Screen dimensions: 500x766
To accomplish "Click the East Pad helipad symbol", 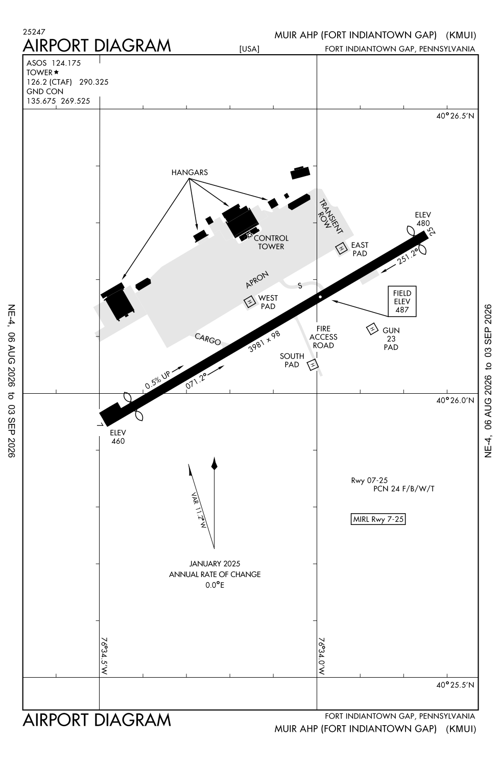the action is (341, 249).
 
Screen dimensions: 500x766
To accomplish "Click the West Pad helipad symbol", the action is (250, 302).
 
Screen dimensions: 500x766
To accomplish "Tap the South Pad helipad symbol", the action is (313, 365).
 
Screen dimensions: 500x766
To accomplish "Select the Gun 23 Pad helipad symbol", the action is (372, 329).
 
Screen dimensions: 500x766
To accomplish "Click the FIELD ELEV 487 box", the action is (402, 301).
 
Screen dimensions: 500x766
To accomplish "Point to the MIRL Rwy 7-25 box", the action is (378, 519).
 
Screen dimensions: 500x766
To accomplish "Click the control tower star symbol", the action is (250, 235).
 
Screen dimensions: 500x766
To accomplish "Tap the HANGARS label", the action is (189, 173).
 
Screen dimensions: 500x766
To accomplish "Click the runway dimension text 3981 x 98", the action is (265, 341).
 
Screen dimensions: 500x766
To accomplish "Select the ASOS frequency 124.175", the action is (66, 63).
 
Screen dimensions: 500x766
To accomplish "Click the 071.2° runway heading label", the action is (196, 381).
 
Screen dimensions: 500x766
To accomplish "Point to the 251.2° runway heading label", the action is (408, 257).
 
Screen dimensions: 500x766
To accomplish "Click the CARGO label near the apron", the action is (207, 339).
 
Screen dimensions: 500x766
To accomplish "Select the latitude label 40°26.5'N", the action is (455, 116).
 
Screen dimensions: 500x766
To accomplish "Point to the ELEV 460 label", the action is (118, 437).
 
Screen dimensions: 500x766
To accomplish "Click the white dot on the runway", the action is (320, 297).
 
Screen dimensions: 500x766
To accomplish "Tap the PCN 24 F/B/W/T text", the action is (403, 489).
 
